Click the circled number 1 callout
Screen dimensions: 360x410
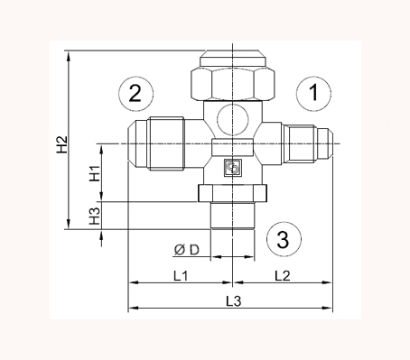point(313,92)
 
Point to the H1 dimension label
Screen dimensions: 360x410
point(94,173)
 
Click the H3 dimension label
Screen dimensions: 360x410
point(94,217)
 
